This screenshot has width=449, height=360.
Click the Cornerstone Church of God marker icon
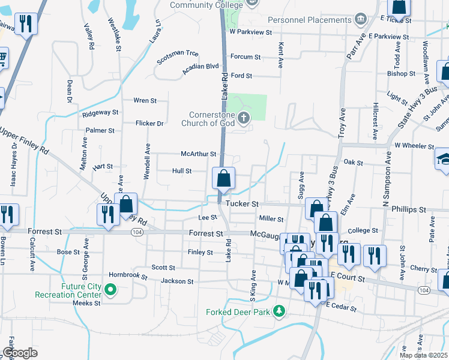244,117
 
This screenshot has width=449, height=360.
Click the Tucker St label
242,205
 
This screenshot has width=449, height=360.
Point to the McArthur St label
198,154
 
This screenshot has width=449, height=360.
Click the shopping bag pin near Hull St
223,179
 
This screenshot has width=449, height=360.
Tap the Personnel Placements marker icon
361,19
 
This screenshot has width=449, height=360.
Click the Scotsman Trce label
178,53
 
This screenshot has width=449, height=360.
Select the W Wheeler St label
414,146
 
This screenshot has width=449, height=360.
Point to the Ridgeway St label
100,112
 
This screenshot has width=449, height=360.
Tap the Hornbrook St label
128,275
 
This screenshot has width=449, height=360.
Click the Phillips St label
409,210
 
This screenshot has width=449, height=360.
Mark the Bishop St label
401,74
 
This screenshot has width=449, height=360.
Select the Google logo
20,353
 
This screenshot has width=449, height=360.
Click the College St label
363,230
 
